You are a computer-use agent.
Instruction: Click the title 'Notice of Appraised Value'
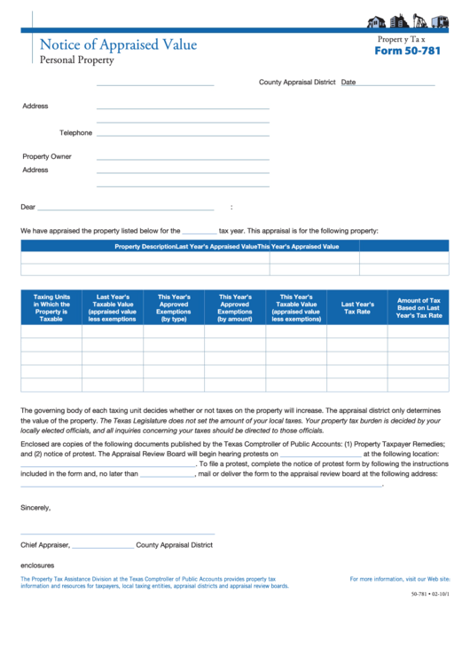tap(118, 44)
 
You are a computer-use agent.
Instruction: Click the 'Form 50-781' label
tap(406, 51)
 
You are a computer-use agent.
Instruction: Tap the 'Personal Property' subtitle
tap(77, 60)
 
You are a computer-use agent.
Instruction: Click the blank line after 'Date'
tap(396, 83)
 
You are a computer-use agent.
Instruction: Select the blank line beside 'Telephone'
tap(183, 134)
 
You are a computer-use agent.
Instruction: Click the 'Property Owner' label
tap(47, 156)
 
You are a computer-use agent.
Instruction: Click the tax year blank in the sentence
tap(199, 231)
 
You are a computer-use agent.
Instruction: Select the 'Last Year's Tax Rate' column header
tap(357, 308)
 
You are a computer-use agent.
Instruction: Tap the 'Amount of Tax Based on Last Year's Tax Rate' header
tap(419, 308)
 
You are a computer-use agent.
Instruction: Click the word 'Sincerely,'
tap(35, 508)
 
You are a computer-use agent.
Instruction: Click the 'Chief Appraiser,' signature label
tap(45, 545)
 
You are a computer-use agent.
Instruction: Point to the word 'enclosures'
tap(37, 565)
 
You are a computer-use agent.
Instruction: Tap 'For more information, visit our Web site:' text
tap(400, 579)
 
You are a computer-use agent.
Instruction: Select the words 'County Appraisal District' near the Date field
tap(297, 83)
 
